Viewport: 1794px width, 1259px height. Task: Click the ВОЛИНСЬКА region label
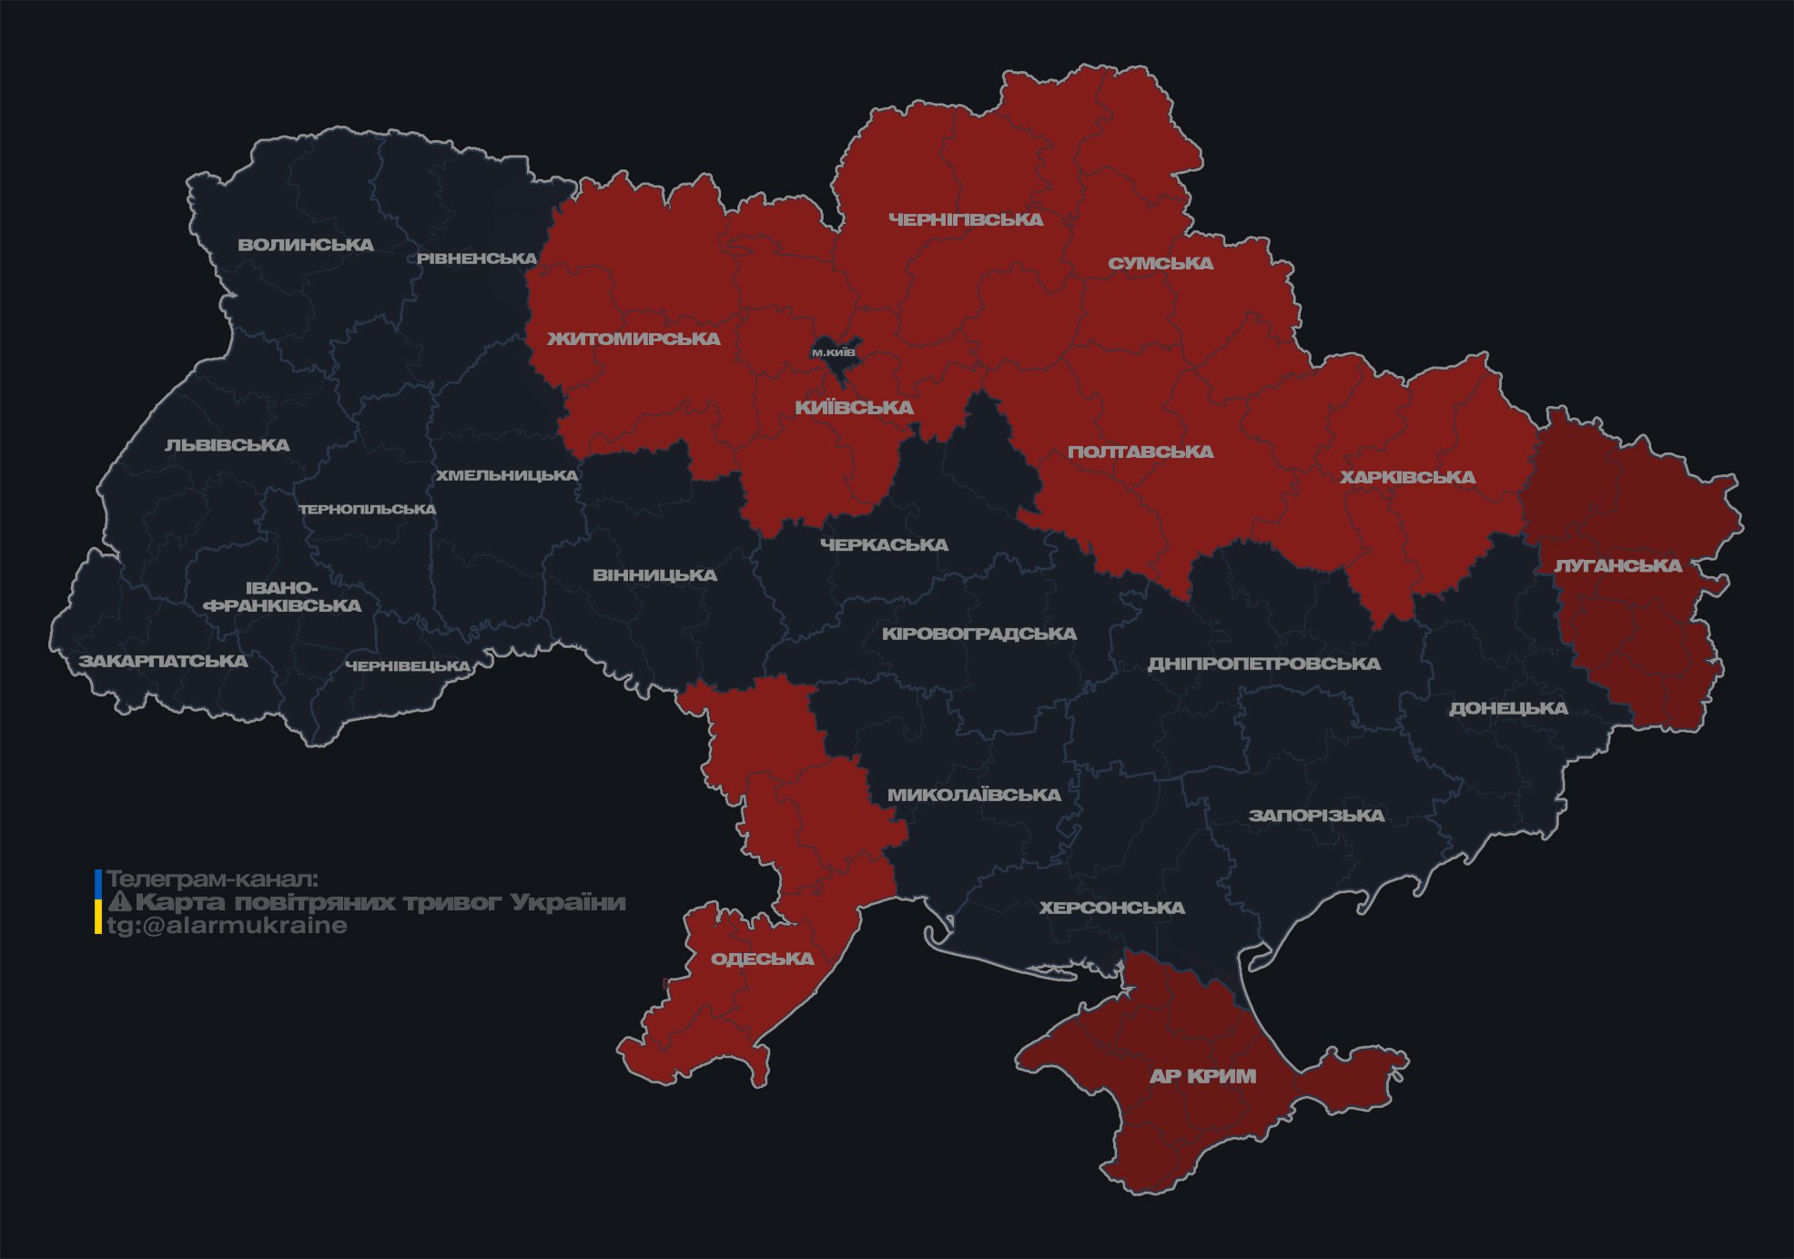click(306, 245)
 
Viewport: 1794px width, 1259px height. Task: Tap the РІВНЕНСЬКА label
click(477, 259)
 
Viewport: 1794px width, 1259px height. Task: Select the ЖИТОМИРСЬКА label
click(633, 339)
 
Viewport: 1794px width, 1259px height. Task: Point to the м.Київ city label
click(834, 352)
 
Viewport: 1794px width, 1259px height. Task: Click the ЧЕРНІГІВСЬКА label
click(966, 219)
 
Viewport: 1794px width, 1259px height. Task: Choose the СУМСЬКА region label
click(1161, 263)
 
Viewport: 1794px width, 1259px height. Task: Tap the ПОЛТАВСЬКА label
click(1140, 452)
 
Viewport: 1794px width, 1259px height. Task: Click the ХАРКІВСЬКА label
click(1407, 477)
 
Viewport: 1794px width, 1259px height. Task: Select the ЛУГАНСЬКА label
click(1617, 565)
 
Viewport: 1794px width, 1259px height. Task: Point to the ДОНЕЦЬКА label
click(1508, 708)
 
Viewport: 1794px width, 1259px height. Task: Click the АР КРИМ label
click(1202, 1076)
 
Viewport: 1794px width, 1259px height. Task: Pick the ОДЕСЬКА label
click(762, 959)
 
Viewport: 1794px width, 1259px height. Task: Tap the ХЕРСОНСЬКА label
click(1111, 908)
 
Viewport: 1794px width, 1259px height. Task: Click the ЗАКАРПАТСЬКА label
click(163, 661)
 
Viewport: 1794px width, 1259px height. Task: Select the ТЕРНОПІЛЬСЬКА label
click(368, 509)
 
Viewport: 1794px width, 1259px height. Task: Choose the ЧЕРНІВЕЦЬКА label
click(408, 666)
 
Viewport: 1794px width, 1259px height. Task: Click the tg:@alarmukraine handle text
click(227, 926)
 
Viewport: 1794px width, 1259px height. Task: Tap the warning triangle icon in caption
click(120, 902)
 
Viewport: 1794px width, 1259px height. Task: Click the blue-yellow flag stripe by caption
click(98, 902)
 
